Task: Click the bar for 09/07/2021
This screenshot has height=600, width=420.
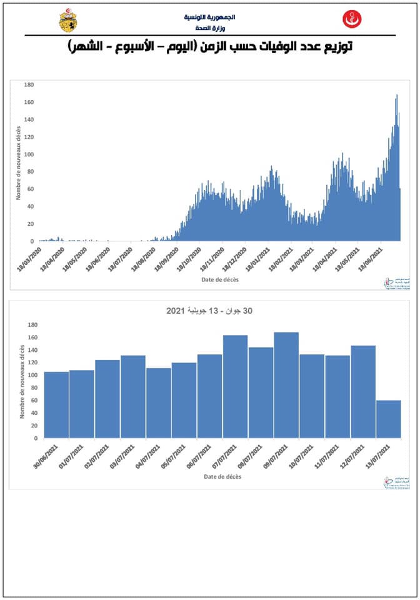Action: (286, 385)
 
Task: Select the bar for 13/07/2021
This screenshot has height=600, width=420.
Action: (388, 419)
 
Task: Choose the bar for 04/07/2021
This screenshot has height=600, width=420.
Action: (159, 403)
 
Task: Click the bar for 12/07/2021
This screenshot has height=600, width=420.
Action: (363, 391)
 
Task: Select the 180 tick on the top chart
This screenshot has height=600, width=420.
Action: (29, 84)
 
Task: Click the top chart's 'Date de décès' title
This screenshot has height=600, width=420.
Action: (219, 279)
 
